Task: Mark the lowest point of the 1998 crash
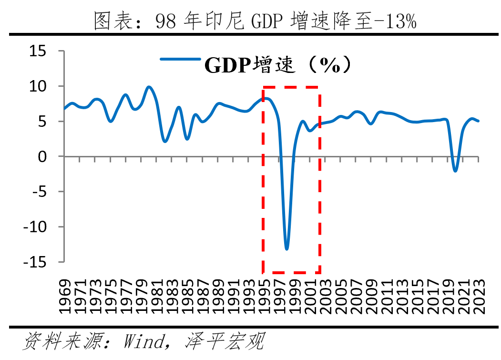tap(286, 248)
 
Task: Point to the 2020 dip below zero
tap(455, 170)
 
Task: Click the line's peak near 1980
tap(149, 87)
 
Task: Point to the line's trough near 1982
tap(164, 142)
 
